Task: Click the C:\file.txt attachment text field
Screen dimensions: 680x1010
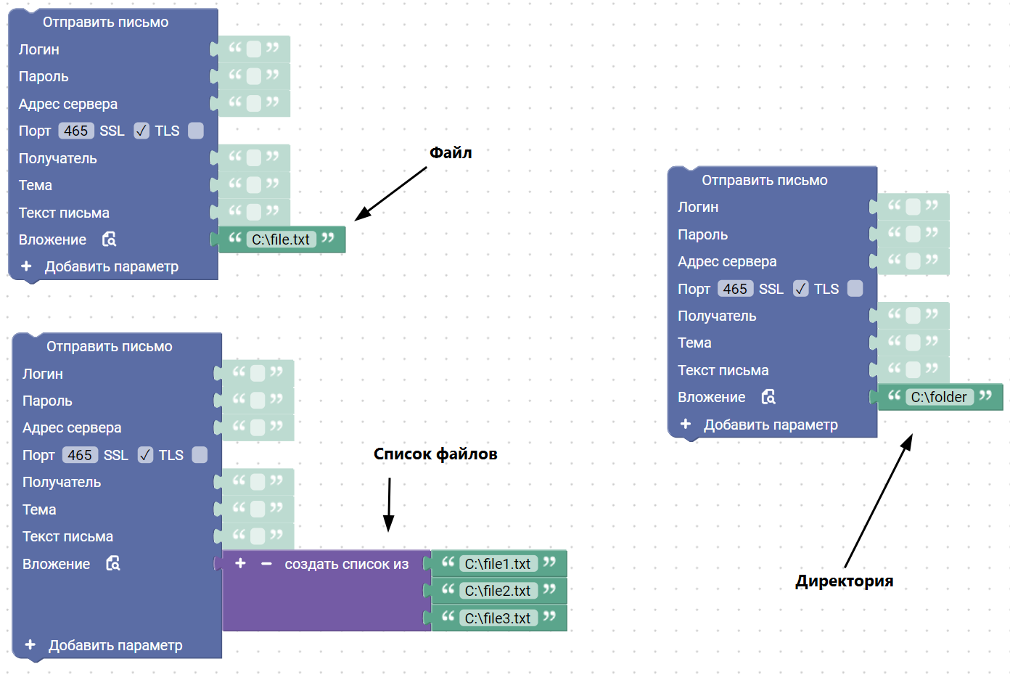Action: (x=281, y=239)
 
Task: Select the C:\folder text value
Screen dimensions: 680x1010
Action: (x=939, y=397)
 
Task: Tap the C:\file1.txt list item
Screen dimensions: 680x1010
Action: (x=498, y=564)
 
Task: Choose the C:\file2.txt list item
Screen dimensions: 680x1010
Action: (x=498, y=591)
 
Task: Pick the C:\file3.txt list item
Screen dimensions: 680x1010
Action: (x=498, y=618)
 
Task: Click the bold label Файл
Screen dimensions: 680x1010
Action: (x=451, y=152)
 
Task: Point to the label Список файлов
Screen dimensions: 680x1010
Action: (x=435, y=454)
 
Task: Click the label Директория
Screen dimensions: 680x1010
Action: (x=845, y=581)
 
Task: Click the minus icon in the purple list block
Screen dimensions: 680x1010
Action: (x=266, y=564)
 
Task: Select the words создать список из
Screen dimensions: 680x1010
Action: (x=347, y=564)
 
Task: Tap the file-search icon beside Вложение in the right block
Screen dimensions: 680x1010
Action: (x=768, y=397)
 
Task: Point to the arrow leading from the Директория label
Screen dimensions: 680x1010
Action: (x=878, y=501)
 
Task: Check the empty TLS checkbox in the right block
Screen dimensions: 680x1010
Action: (x=855, y=289)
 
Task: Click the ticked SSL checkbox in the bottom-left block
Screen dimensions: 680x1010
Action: (x=145, y=455)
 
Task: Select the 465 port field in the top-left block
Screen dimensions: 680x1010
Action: (x=75, y=131)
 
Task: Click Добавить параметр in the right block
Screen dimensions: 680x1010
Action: (x=771, y=425)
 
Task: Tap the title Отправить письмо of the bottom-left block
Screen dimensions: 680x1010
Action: (x=110, y=346)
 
